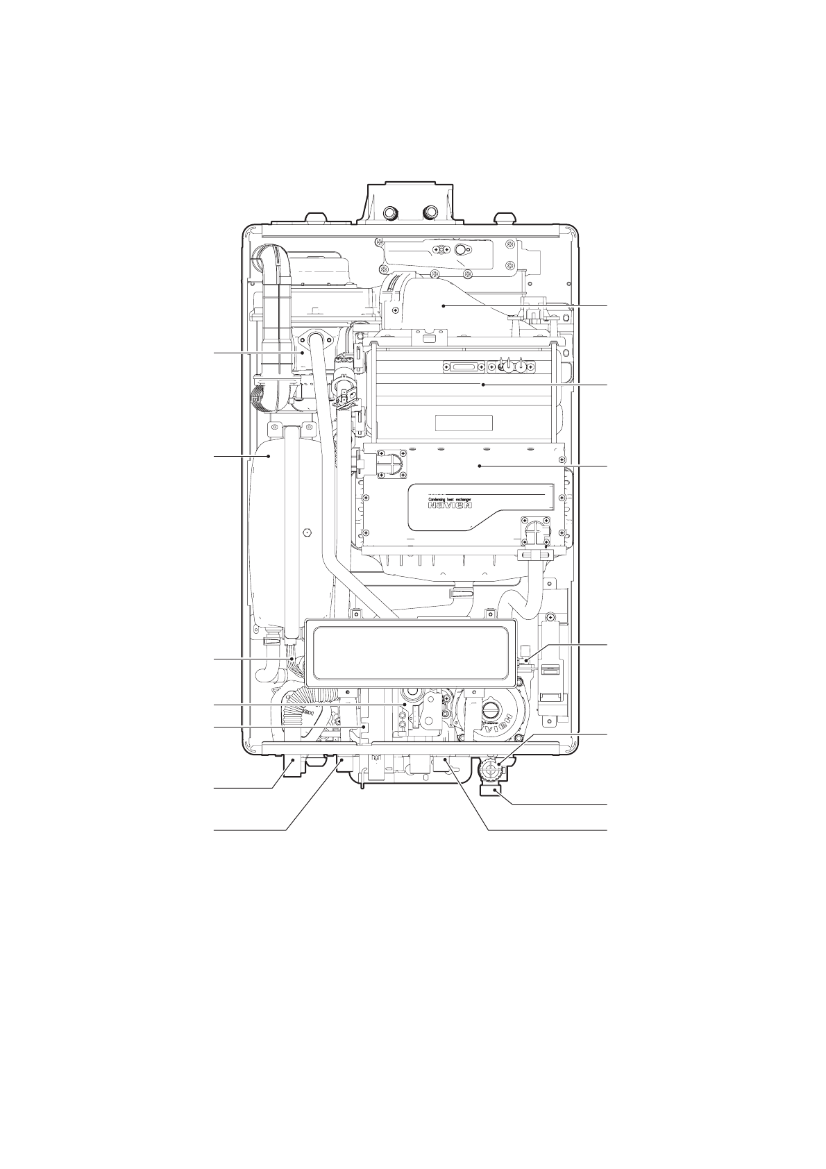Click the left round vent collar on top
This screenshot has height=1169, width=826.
tap(391, 212)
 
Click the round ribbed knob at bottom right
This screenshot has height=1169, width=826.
tap(491, 768)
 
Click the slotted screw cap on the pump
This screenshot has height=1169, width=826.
tap(490, 710)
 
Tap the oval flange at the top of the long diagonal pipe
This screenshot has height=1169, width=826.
tap(317, 342)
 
